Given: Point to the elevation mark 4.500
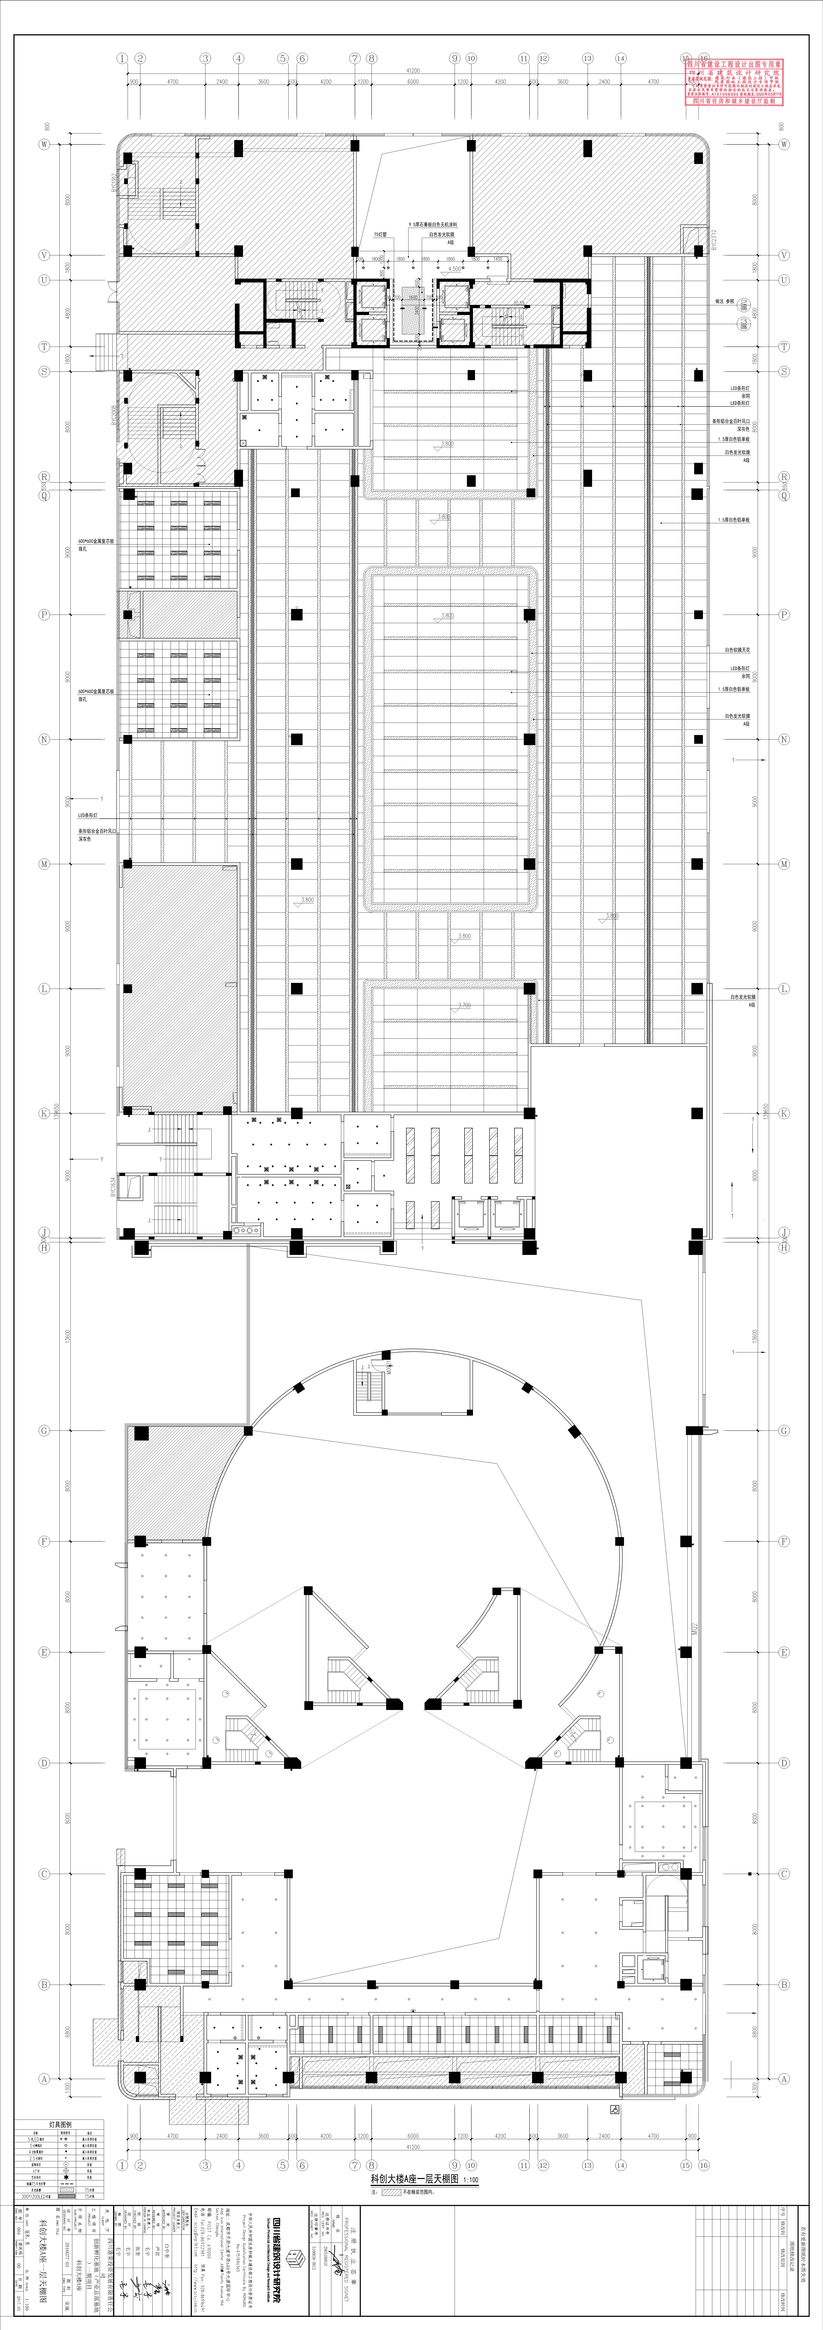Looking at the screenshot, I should click(455, 269).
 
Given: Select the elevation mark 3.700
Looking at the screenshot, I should click(464, 1005).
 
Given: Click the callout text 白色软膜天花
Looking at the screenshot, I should click(737, 650).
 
